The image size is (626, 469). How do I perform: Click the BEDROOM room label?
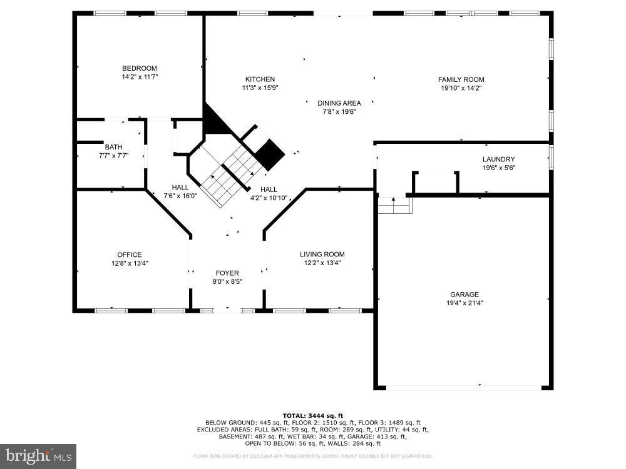coord(139,68)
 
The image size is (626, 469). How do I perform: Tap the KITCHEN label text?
coord(260,79)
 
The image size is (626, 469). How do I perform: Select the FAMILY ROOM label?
coord(461,79)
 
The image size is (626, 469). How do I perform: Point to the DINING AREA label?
coord(339,103)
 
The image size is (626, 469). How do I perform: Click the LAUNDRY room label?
coord(498,159)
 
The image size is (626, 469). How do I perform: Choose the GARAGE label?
coord(464,295)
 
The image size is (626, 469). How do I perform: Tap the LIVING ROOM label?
coord(322,255)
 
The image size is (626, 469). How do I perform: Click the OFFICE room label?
coord(130,255)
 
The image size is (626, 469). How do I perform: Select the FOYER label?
coord(227,273)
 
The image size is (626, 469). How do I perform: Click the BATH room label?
coord(113,148)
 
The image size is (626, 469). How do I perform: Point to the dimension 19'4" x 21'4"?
coord(464,303)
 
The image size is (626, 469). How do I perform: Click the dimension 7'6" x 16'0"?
coord(180,196)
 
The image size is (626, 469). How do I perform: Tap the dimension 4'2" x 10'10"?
coord(269,198)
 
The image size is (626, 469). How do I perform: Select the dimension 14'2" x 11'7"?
coord(139,77)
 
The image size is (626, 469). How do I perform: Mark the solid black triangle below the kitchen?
coord(213,122)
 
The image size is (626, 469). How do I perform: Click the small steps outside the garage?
coord(394,204)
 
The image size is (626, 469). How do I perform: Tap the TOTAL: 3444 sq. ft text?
coord(312,415)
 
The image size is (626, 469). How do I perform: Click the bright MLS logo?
coord(38,456)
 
